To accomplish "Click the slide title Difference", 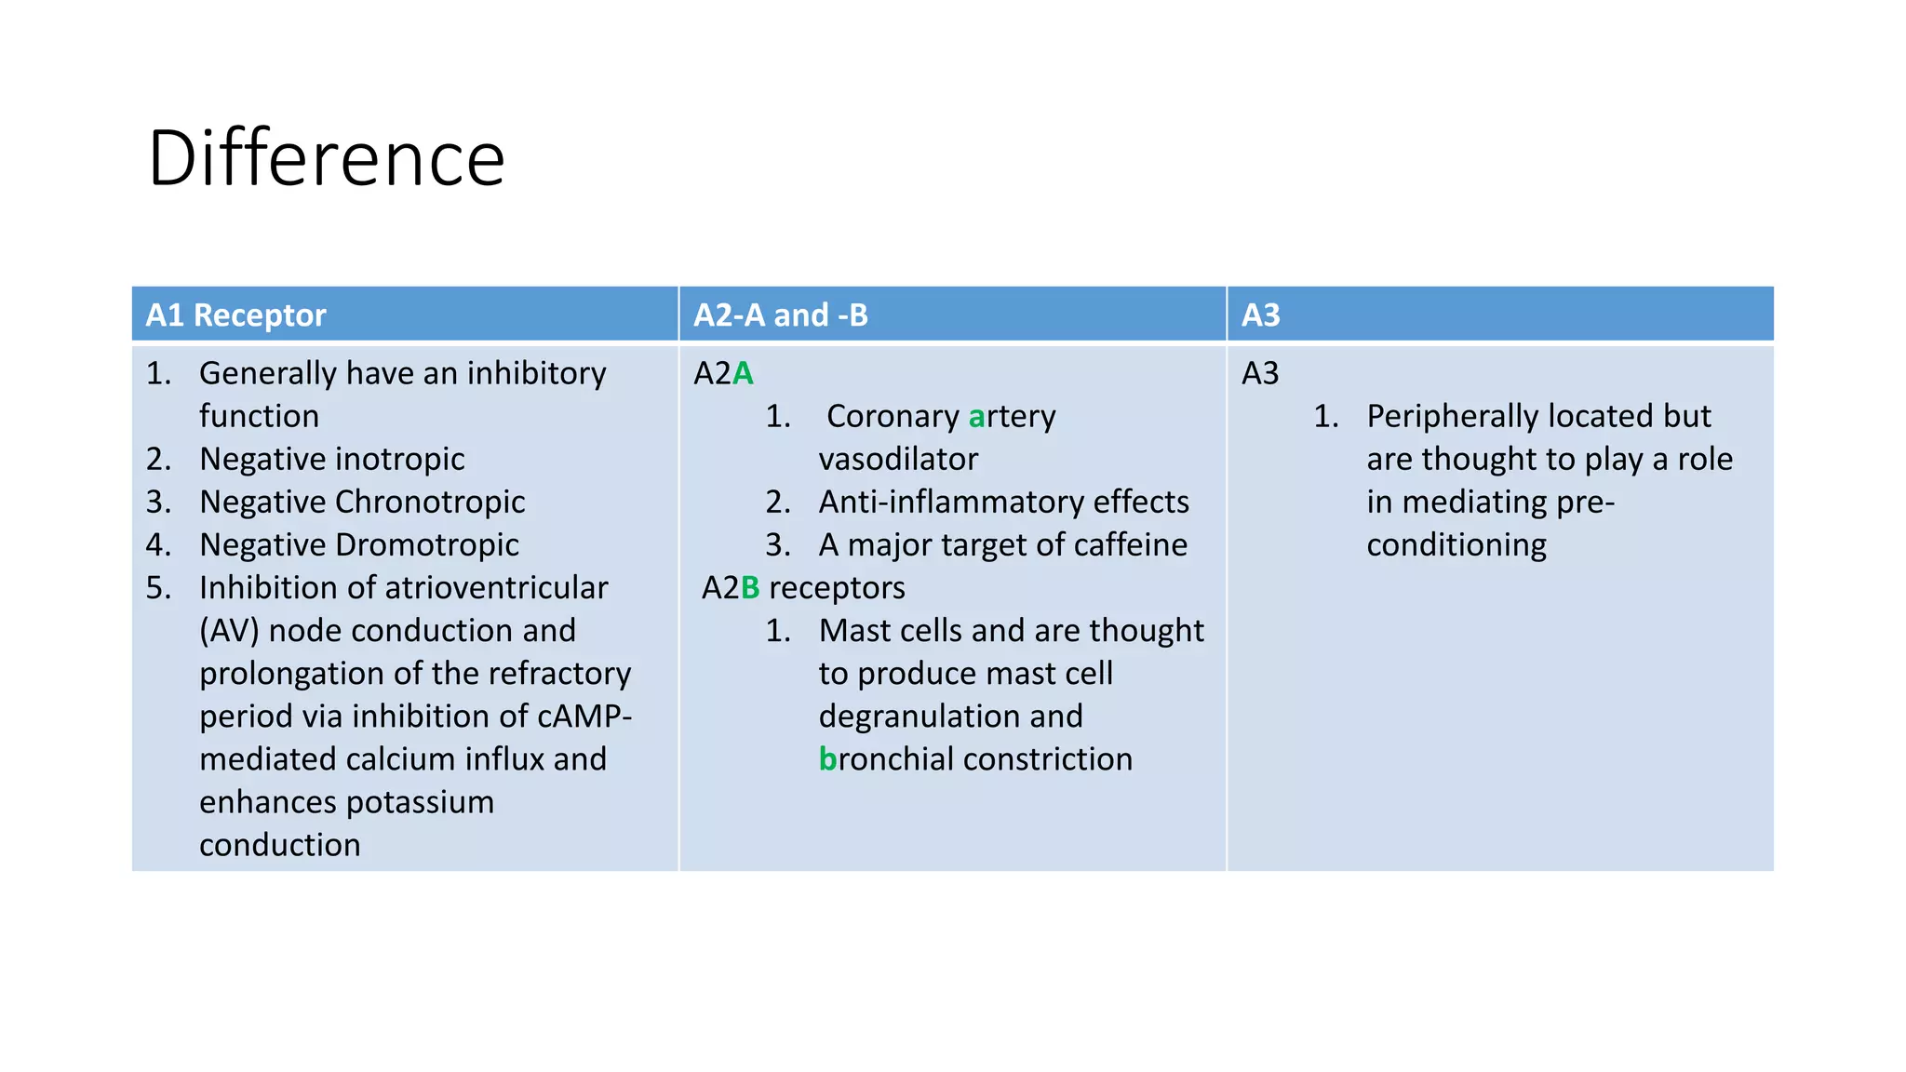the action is [x=326, y=158].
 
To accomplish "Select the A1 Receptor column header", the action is [x=235, y=315].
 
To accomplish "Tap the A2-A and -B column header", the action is [x=780, y=315].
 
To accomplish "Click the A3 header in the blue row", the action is [x=1260, y=315].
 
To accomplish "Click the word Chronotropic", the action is [x=430, y=502].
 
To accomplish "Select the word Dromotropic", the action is [x=426, y=544].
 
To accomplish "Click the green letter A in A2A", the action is [x=743, y=373].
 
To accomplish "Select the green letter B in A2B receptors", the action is [x=750, y=587].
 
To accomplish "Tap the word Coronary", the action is [x=893, y=416].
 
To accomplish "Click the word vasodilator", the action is [x=898, y=459].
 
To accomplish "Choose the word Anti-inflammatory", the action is [x=951, y=502].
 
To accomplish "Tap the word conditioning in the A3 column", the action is [x=1456, y=544].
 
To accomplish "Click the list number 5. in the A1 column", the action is [x=158, y=587].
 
